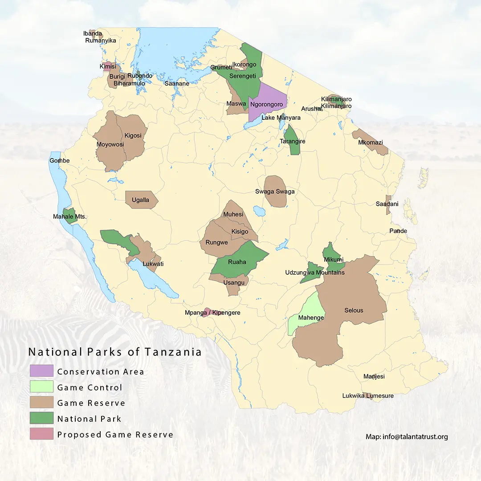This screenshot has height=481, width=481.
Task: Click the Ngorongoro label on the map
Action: tap(266, 104)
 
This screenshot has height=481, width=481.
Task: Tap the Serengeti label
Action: tap(242, 76)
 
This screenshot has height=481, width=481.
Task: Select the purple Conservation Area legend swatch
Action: tap(41, 371)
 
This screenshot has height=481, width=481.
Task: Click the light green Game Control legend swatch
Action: tap(41, 387)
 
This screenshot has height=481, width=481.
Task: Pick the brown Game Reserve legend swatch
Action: tap(41, 403)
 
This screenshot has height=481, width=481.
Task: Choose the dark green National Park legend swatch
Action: tap(41, 418)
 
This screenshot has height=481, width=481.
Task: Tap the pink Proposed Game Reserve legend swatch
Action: tap(41, 434)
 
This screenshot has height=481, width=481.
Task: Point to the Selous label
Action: tap(354, 310)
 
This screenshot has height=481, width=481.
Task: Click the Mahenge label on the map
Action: tap(311, 318)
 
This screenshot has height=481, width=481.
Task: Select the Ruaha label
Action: tap(237, 262)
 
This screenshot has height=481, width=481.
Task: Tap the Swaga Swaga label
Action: tap(275, 192)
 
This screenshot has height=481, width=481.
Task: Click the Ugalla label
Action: tap(140, 200)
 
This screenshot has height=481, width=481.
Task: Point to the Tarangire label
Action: tap(292, 141)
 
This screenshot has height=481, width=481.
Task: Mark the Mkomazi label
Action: tap(370, 143)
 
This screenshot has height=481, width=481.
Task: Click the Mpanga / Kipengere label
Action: tap(212, 313)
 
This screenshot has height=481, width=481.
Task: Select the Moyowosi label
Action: tap(110, 144)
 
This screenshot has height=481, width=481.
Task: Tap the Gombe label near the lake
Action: tap(60, 160)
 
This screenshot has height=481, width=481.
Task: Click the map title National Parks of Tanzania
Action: tap(115, 352)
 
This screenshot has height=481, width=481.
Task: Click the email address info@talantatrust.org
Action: tap(407, 436)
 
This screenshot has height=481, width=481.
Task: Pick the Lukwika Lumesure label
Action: tap(367, 395)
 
